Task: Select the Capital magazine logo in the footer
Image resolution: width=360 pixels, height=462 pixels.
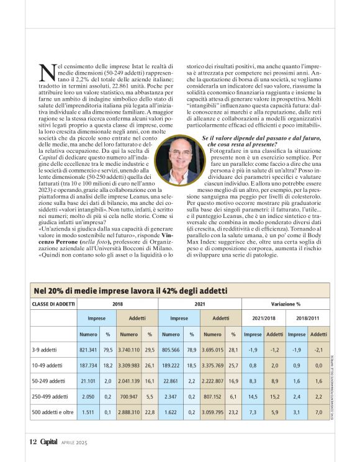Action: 49,442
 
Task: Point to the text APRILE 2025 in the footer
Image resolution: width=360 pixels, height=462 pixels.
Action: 76,443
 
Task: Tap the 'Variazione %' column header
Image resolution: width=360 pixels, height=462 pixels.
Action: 286,304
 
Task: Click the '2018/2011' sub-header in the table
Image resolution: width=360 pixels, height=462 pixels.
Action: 308,318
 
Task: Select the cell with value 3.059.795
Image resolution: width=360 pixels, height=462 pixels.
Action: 212,412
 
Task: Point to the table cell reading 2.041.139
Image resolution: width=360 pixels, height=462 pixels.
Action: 129,380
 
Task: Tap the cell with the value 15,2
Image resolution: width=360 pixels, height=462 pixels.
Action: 274,396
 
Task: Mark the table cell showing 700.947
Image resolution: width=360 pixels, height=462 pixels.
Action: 129,396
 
